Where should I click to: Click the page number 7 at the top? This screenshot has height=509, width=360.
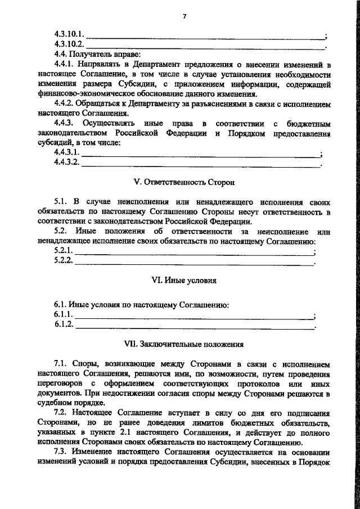tap(184, 16)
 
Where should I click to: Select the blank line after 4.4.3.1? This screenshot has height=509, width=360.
tap(200, 156)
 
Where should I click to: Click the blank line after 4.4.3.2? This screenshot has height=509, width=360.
tap(200, 165)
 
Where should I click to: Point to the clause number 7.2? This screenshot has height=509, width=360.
tap(61, 412)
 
